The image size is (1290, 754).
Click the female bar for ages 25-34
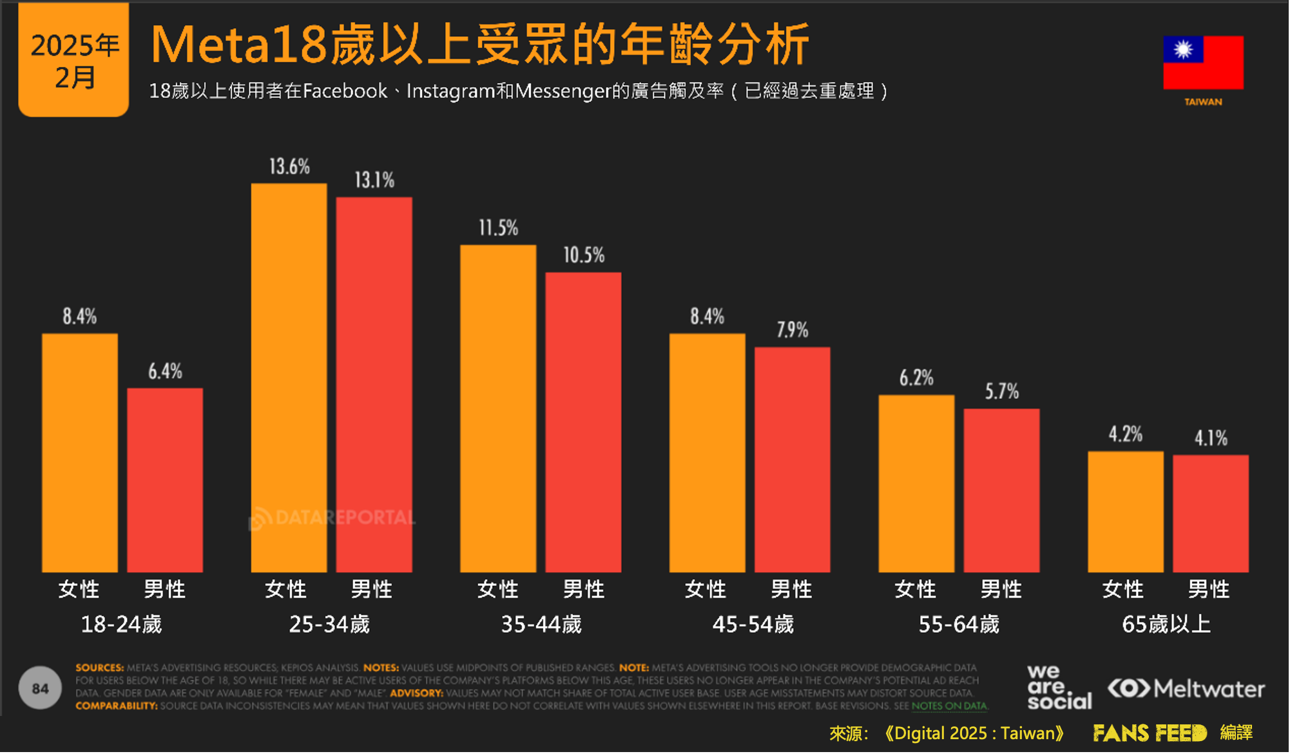(289, 378)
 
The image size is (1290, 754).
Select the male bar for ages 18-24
(165, 480)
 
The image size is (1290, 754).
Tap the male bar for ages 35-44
(583, 422)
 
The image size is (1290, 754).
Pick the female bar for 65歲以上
(1125, 512)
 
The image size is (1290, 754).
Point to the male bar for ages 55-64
(1001, 490)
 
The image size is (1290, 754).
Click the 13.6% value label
(289, 167)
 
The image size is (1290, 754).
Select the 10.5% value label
(584, 255)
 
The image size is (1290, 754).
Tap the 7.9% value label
(792, 330)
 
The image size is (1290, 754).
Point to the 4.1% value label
(1211, 438)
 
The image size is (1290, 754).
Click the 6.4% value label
(165, 371)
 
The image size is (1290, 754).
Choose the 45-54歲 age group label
(753, 624)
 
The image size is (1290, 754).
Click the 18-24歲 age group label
(121, 624)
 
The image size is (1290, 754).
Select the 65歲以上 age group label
(1166, 624)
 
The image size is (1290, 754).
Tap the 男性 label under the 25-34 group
(372, 589)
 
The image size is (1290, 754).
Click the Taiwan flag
(1203, 63)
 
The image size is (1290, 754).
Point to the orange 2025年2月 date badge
(74, 60)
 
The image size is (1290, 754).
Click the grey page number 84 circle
(40, 688)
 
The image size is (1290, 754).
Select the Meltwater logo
(1186, 688)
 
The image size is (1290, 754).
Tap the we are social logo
(1059, 688)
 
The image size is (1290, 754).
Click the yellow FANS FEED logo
(1150, 733)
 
